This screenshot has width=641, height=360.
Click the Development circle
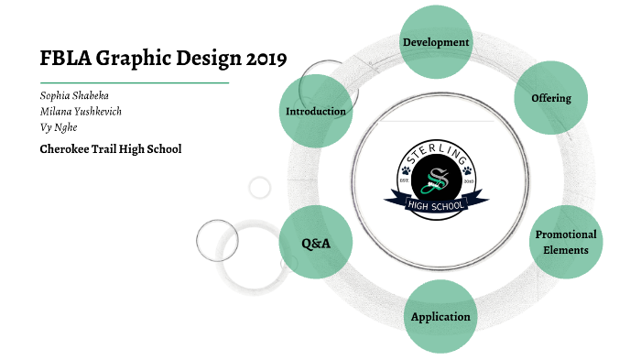click(436, 42)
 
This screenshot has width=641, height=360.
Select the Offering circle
click(551, 98)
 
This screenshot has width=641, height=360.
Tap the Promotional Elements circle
click(565, 241)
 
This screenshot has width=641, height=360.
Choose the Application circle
click(440, 317)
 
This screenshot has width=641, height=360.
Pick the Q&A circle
click(316, 243)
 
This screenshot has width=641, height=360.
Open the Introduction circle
click(316, 112)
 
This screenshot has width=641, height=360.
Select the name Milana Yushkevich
click(81, 111)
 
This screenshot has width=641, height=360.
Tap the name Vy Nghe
click(59, 127)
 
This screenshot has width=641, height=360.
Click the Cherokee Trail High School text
click(111, 148)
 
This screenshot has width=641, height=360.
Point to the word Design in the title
click(201, 59)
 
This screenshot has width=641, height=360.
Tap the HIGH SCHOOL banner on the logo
click(435, 202)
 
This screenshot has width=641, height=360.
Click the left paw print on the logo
click(405, 170)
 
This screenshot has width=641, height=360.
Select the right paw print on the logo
click(466, 170)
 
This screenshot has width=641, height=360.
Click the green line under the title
click(134, 82)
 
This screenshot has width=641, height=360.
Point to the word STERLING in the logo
click(435, 148)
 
